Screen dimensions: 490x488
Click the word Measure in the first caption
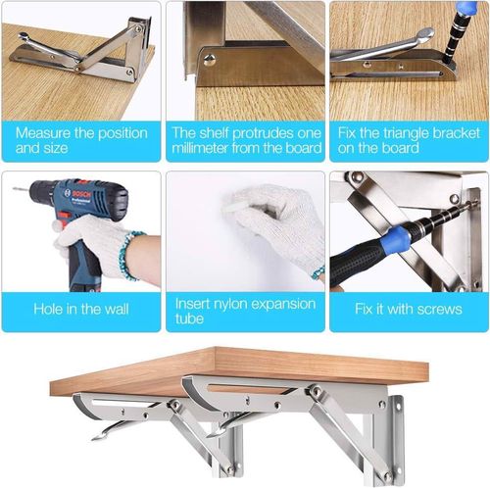tap(43, 133)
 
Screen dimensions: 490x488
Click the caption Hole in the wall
tap(81, 309)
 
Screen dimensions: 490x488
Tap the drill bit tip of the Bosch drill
tap(14, 188)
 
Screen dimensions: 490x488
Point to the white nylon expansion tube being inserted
tap(234, 207)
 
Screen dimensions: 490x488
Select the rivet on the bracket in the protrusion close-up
tap(210, 59)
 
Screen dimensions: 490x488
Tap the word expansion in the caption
tap(283, 305)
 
